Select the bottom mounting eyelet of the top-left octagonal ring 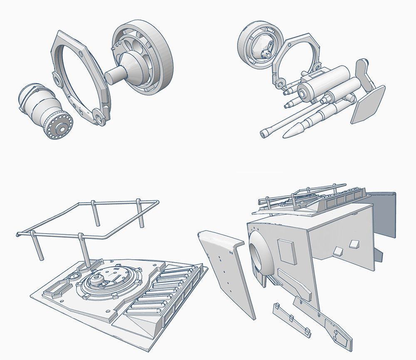click(99, 117)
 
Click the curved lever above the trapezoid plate click(363, 73)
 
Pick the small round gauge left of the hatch click(74, 277)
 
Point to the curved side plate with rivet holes click(227, 271)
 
